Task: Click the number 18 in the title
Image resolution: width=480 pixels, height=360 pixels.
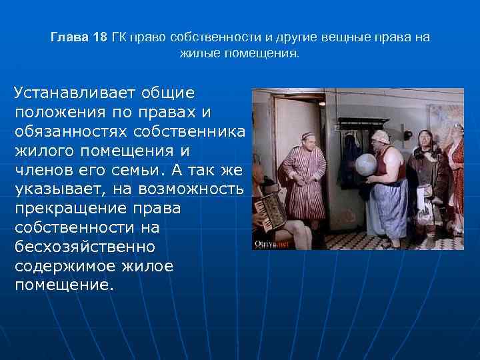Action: (99, 37)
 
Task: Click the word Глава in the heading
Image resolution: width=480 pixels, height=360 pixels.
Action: (69, 37)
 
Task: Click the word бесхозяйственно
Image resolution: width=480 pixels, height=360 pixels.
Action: (84, 247)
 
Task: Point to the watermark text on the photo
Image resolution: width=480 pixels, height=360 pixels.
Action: (269, 245)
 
